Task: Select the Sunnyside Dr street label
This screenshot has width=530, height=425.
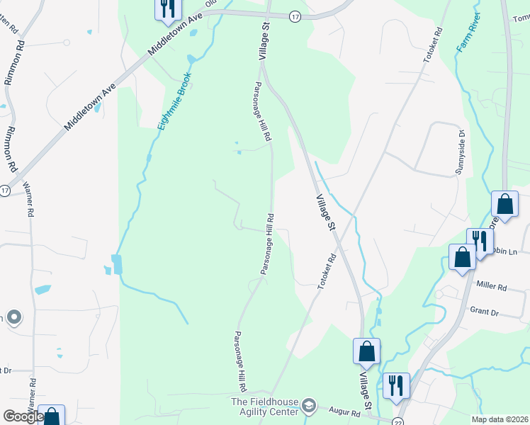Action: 460,152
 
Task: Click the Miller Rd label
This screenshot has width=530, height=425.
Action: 492,288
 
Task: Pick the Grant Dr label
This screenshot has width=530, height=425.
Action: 485,311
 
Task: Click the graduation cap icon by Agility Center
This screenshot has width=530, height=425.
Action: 308,405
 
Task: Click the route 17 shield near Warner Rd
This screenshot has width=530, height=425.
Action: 5,191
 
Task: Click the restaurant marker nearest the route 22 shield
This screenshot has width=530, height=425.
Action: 395,385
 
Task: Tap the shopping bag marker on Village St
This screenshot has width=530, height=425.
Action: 366,351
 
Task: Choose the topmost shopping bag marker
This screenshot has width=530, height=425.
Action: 504,204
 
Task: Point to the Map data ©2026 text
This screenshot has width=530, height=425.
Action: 500,419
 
